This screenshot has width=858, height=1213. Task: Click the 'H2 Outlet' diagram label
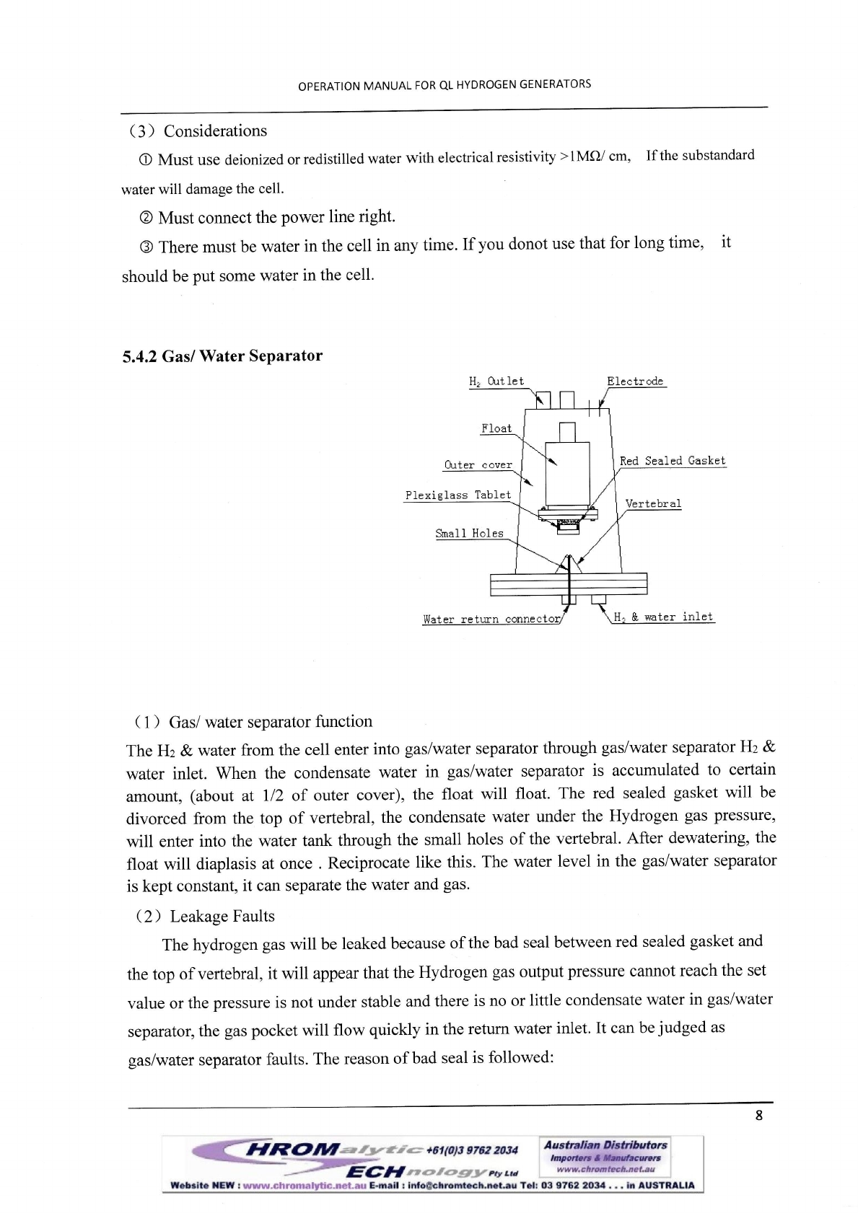496,381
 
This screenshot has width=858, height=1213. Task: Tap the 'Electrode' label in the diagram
635,381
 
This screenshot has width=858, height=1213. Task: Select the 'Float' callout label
496,428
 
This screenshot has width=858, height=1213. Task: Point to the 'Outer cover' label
478,465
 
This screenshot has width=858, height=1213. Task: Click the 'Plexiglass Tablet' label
458,495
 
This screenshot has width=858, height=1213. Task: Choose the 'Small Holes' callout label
469,534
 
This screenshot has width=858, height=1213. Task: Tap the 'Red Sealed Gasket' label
673,461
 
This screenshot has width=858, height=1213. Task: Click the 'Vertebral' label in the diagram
653,504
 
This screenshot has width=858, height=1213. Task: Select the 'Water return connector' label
491,619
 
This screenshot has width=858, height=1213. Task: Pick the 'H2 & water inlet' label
662,617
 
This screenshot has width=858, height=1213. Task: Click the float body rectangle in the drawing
567,473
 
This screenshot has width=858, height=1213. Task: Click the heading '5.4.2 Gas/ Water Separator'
222,356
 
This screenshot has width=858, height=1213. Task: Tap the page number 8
758,1116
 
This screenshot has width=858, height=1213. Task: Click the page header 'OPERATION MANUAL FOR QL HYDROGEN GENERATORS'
445,85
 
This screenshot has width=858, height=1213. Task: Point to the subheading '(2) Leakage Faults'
205,917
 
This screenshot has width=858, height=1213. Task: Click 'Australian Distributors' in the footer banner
605,1145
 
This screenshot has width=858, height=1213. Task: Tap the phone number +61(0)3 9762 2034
472,1150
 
